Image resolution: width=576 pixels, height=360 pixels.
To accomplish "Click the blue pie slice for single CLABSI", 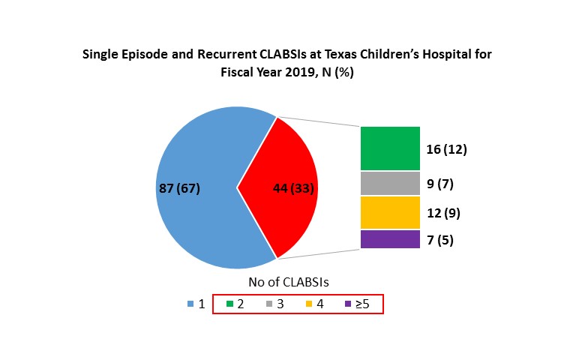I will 195,225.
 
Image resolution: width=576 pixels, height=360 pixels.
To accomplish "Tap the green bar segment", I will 390,148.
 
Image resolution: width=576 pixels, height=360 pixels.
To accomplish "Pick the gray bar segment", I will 390,183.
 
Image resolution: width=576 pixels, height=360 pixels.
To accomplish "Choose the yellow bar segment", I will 390,212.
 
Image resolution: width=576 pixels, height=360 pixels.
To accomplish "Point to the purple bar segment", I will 390,239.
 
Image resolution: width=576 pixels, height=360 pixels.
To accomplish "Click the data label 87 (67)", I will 179,187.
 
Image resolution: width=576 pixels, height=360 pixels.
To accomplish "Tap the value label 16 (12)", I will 446,148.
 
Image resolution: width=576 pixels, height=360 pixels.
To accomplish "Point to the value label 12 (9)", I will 442,213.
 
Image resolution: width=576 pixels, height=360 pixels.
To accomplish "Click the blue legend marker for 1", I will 190,304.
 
